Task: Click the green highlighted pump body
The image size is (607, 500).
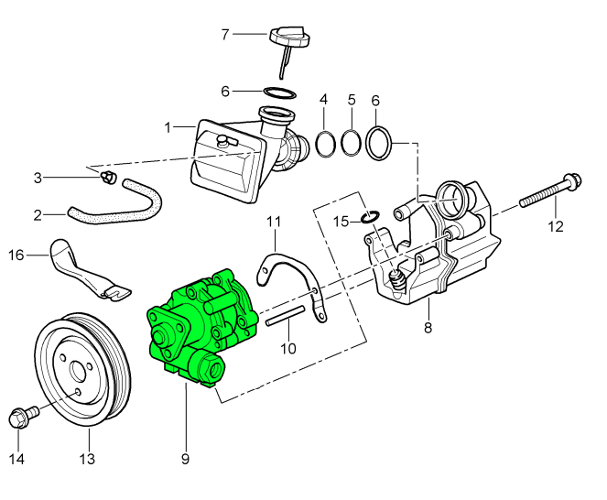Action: tap(197, 325)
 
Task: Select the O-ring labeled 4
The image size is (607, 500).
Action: tap(325, 144)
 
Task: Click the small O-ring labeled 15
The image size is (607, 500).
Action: tap(367, 217)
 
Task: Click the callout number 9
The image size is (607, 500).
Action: tap(186, 457)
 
